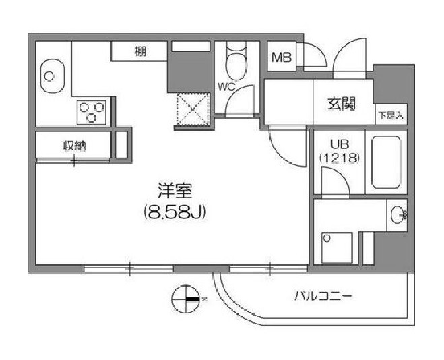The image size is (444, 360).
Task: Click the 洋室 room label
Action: click(175, 191)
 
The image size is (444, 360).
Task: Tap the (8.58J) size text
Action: click(175, 212)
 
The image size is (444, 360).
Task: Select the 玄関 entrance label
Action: click(341, 104)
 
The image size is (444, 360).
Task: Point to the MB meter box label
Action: click(281, 58)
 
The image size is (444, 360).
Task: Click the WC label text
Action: click(226, 87)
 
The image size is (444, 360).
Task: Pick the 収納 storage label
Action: click(74, 146)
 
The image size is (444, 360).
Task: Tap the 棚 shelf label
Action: click(140, 51)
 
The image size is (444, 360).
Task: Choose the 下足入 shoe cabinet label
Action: click(391, 115)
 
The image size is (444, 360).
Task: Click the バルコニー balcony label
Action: click(323, 297)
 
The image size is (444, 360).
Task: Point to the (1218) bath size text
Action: click(340, 158)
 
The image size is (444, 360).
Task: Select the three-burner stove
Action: click(92, 112)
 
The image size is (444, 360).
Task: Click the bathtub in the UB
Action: click(386, 162)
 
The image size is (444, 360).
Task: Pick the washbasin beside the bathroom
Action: click(397, 215)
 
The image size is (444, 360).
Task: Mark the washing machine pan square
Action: click(337, 248)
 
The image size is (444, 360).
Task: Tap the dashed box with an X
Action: click(193, 109)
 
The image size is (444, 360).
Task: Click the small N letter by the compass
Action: click(204, 299)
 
